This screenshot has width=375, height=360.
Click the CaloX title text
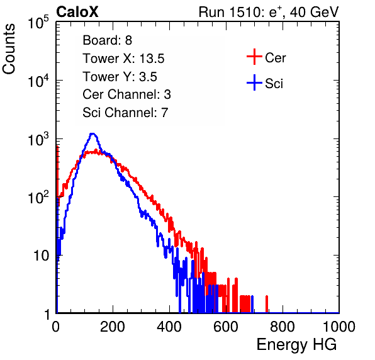click(x=77, y=12)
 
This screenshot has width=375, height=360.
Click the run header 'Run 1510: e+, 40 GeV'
click(x=269, y=12)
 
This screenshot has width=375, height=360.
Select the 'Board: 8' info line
click(x=107, y=40)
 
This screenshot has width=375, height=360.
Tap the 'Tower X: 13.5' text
click(x=123, y=59)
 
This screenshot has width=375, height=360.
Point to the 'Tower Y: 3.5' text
click(x=120, y=77)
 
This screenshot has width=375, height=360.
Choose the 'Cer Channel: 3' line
click(x=126, y=94)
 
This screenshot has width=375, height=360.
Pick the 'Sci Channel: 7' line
click(x=125, y=113)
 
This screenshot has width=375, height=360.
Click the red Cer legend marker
click(x=254, y=57)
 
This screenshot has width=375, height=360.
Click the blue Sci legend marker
click(x=254, y=83)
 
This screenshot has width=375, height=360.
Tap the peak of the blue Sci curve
click(x=92, y=134)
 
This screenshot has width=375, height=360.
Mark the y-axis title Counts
click(x=9, y=49)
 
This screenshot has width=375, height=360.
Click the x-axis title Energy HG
click(x=296, y=345)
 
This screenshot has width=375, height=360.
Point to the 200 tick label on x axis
click(x=113, y=327)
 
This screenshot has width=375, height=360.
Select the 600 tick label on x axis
click(x=226, y=327)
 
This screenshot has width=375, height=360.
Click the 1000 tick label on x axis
click(x=339, y=327)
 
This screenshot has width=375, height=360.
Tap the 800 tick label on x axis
click(x=283, y=327)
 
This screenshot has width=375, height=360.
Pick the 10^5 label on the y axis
click(x=38, y=23)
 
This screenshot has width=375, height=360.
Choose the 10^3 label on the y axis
click(x=38, y=139)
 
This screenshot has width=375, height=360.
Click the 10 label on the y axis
click(x=42, y=256)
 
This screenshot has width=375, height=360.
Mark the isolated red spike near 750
click(x=267, y=304)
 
